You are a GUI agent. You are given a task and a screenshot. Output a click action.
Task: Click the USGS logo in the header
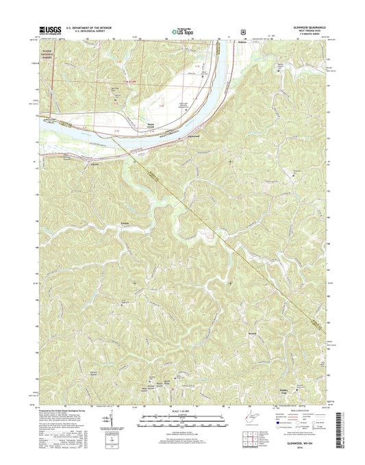click(x=52, y=30)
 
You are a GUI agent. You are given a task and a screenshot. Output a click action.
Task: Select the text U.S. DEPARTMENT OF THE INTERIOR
click(x=95, y=27)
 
